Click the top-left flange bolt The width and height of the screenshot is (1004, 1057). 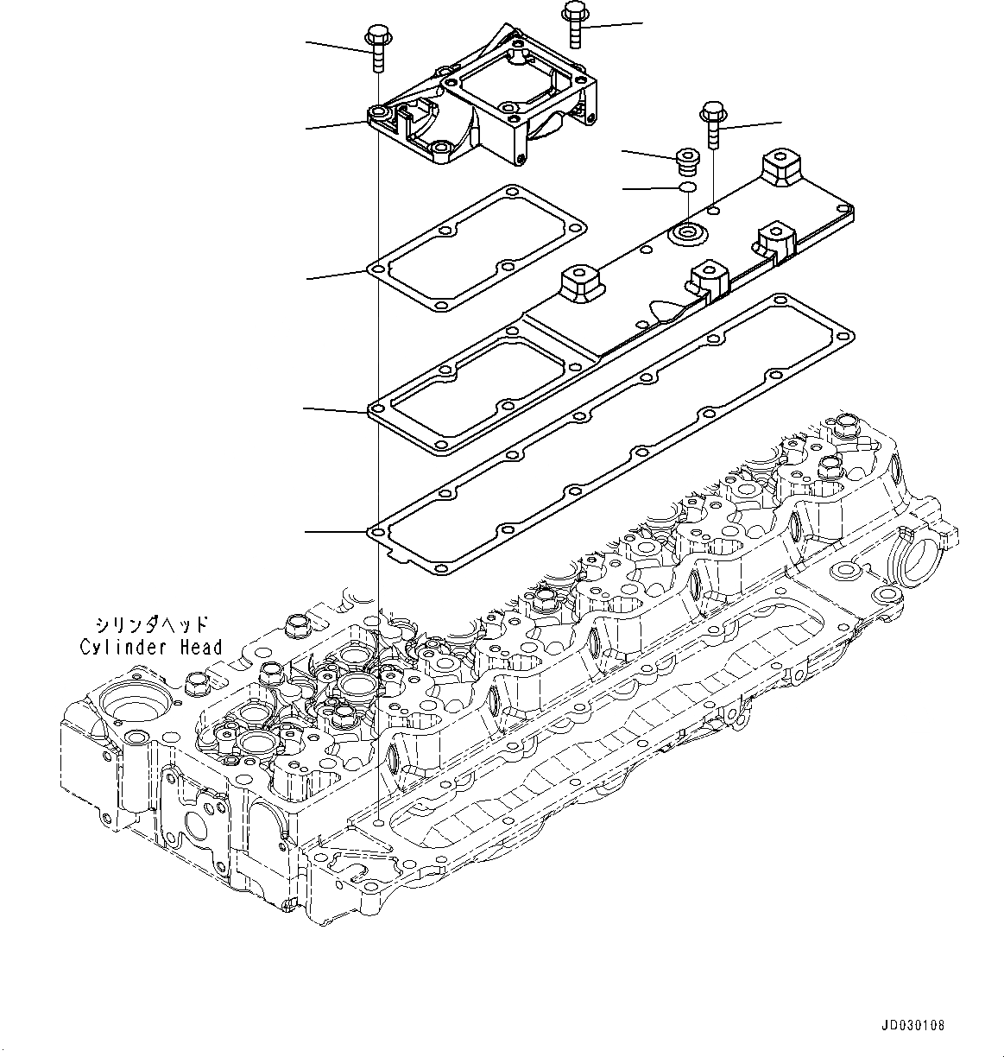click(x=376, y=47)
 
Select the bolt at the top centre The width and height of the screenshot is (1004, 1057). click(x=575, y=22)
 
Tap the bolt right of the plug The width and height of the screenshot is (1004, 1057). click(x=712, y=124)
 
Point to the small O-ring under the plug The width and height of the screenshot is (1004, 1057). click(x=687, y=187)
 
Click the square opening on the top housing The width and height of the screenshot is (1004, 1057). click(x=510, y=90)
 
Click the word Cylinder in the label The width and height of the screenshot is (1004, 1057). click(x=117, y=647)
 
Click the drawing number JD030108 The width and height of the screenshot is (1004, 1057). click(x=913, y=1026)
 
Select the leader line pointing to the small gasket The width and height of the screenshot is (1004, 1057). click(x=338, y=275)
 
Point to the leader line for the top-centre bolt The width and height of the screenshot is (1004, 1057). click(x=614, y=25)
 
